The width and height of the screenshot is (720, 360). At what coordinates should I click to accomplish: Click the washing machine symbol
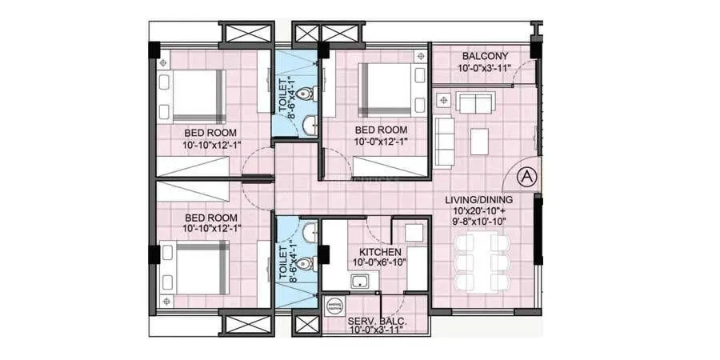pyautogui.click(x=334, y=306)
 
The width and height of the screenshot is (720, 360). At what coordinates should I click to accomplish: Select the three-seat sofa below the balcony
pyautogui.click(x=475, y=102)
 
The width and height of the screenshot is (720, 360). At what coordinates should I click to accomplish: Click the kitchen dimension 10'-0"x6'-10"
pyautogui.click(x=380, y=262)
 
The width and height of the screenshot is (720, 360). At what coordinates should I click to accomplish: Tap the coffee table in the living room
pyautogui.click(x=478, y=141)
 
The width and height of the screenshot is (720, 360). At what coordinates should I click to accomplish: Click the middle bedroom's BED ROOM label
pyautogui.click(x=381, y=130)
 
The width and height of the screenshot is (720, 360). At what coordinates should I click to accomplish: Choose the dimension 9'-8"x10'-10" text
pyautogui.click(x=479, y=220)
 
